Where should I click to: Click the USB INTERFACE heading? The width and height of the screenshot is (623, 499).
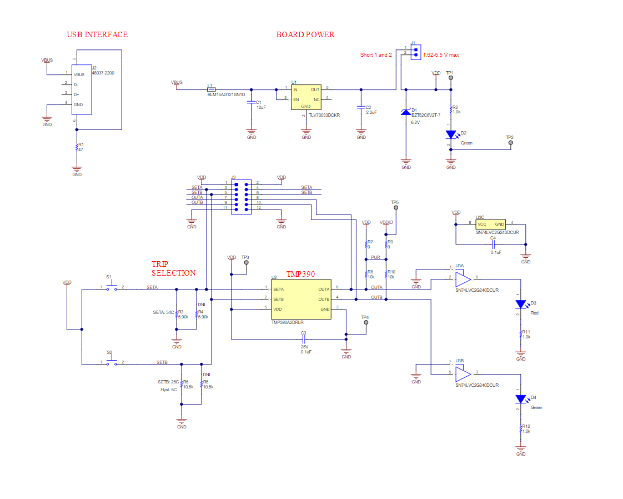coord(97,34)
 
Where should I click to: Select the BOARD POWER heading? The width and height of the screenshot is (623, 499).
coord(305,34)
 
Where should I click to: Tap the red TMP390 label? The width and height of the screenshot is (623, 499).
coord(300,275)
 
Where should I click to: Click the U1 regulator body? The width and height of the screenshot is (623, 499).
coord(306,97)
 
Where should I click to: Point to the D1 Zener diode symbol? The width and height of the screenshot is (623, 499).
coord(406,112)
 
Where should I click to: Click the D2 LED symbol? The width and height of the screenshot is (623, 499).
coord(451,134)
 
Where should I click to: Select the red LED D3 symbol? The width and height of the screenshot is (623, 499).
coord(521,304)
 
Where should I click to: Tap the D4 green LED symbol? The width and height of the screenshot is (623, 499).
coord(521,398)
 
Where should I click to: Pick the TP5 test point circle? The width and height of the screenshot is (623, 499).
coord(396,208)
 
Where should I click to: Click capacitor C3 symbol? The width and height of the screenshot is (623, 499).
coord(303,338)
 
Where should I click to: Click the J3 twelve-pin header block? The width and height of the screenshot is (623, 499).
coord(241,195)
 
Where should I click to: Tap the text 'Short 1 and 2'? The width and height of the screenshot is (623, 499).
coord(376,55)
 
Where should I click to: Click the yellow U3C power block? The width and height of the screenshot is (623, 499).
coord(490,224)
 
